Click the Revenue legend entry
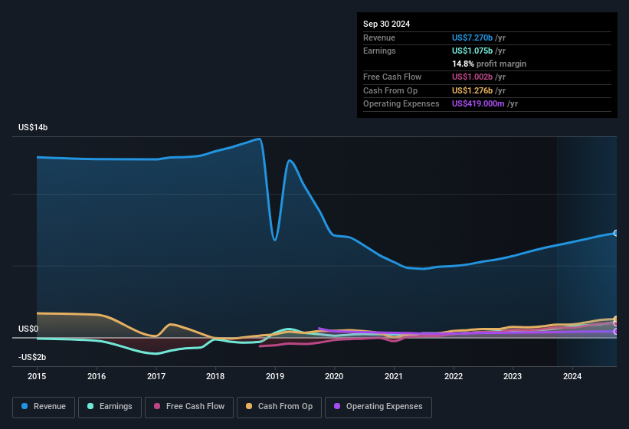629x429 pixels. pos(44,406)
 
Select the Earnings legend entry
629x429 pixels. pos(110,406)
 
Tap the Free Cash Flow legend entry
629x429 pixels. pos(189,406)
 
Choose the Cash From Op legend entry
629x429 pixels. pos(278,406)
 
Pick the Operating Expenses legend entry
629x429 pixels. pos(378,406)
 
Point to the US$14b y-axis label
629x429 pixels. pos(34,128)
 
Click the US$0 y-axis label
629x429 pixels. pos(28,329)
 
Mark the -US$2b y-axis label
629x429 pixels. pos(31,358)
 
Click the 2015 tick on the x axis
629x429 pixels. pos(37,376)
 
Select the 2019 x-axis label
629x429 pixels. pos(275,376)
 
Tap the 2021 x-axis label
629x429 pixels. pos(394,376)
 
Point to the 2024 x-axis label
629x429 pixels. pos(572,376)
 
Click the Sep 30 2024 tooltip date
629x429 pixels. pos(387,24)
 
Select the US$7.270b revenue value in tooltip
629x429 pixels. pos(477,38)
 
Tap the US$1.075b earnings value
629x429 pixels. pos(477,51)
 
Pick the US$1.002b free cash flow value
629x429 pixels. pos(477,77)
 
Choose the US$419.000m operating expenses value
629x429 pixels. pos(484,103)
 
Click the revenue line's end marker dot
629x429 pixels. pos(616,233)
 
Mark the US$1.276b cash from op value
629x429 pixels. pos(477,90)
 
